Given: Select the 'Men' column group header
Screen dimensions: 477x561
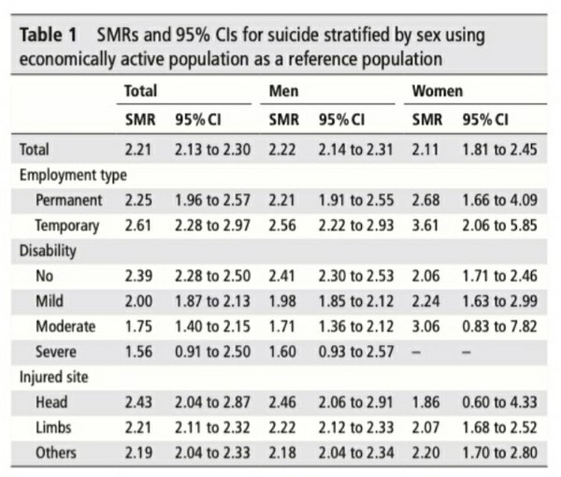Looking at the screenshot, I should click(x=282, y=93).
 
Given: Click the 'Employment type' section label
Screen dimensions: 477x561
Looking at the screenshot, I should click(x=73, y=174).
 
